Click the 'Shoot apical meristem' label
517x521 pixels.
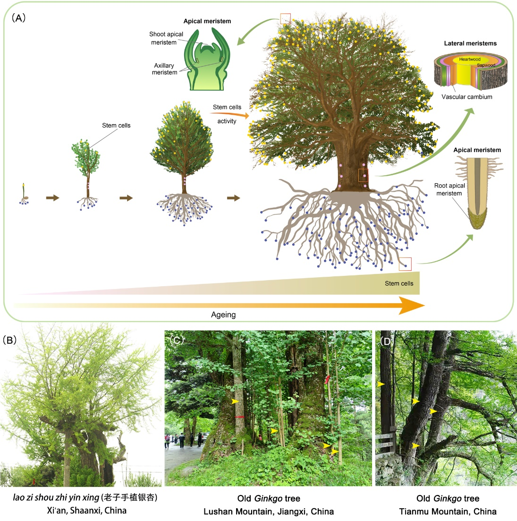[x=166, y=38]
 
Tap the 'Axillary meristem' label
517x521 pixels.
[x=164, y=69]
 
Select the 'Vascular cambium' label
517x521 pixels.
[x=466, y=97]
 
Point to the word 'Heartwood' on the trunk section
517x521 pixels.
[x=470, y=60]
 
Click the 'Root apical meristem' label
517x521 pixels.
[x=449, y=189]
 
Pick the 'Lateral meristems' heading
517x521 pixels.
[x=470, y=43]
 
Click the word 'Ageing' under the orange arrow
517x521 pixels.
[x=223, y=315]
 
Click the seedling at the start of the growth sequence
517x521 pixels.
[x=23, y=194]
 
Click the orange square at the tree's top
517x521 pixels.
[x=285, y=18]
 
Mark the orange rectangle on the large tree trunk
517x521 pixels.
[x=363, y=175]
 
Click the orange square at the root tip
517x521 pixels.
[x=405, y=264]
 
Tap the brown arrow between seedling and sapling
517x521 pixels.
[x=53, y=198]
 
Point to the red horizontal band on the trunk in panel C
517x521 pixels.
[x=239, y=417]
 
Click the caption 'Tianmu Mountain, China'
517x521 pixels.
[x=448, y=512]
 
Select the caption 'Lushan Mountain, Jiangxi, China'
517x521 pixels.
[x=269, y=512]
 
